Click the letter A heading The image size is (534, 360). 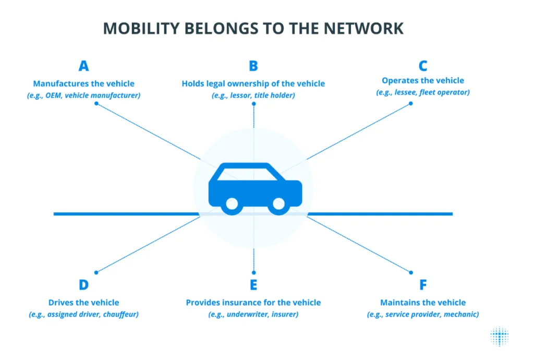[83, 66]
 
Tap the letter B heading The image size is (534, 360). [253, 66]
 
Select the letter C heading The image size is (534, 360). [423, 66]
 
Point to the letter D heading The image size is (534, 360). [83, 285]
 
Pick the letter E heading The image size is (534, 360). [253, 285]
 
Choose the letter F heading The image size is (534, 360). [423, 285]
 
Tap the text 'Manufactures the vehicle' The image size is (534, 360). [83, 83]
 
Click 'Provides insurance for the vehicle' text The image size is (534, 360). [253, 303]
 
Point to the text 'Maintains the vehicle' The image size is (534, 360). [423, 303]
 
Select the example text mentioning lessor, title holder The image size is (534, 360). [253, 95]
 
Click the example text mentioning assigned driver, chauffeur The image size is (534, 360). [83, 315]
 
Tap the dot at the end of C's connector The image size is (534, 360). [410, 103]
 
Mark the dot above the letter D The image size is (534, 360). [96, 272]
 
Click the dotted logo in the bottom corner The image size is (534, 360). [500, 337]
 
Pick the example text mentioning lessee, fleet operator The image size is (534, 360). [423, 92]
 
